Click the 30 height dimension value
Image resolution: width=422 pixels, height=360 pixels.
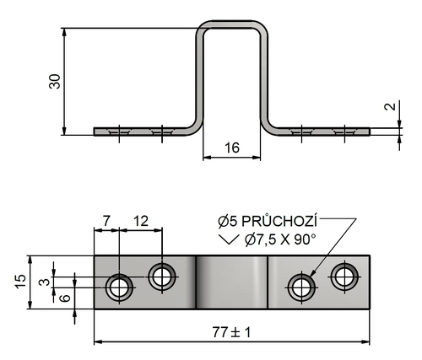[x=55, y=82]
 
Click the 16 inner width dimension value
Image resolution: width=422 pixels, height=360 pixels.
[x=232, y=148]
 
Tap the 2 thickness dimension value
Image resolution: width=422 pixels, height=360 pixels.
[x=390, y=106]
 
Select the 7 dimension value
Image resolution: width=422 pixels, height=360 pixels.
[x=106, y=221]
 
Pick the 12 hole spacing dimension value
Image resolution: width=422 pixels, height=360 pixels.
[x=141, y=221]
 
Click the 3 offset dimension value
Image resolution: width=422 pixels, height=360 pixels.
[x=44, y=282]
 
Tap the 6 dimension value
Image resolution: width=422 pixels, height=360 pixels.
[x=65, y=298]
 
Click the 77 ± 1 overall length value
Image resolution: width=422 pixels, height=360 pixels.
[x=231, y=333]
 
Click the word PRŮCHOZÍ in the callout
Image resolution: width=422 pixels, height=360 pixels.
[x=279, y=222]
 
